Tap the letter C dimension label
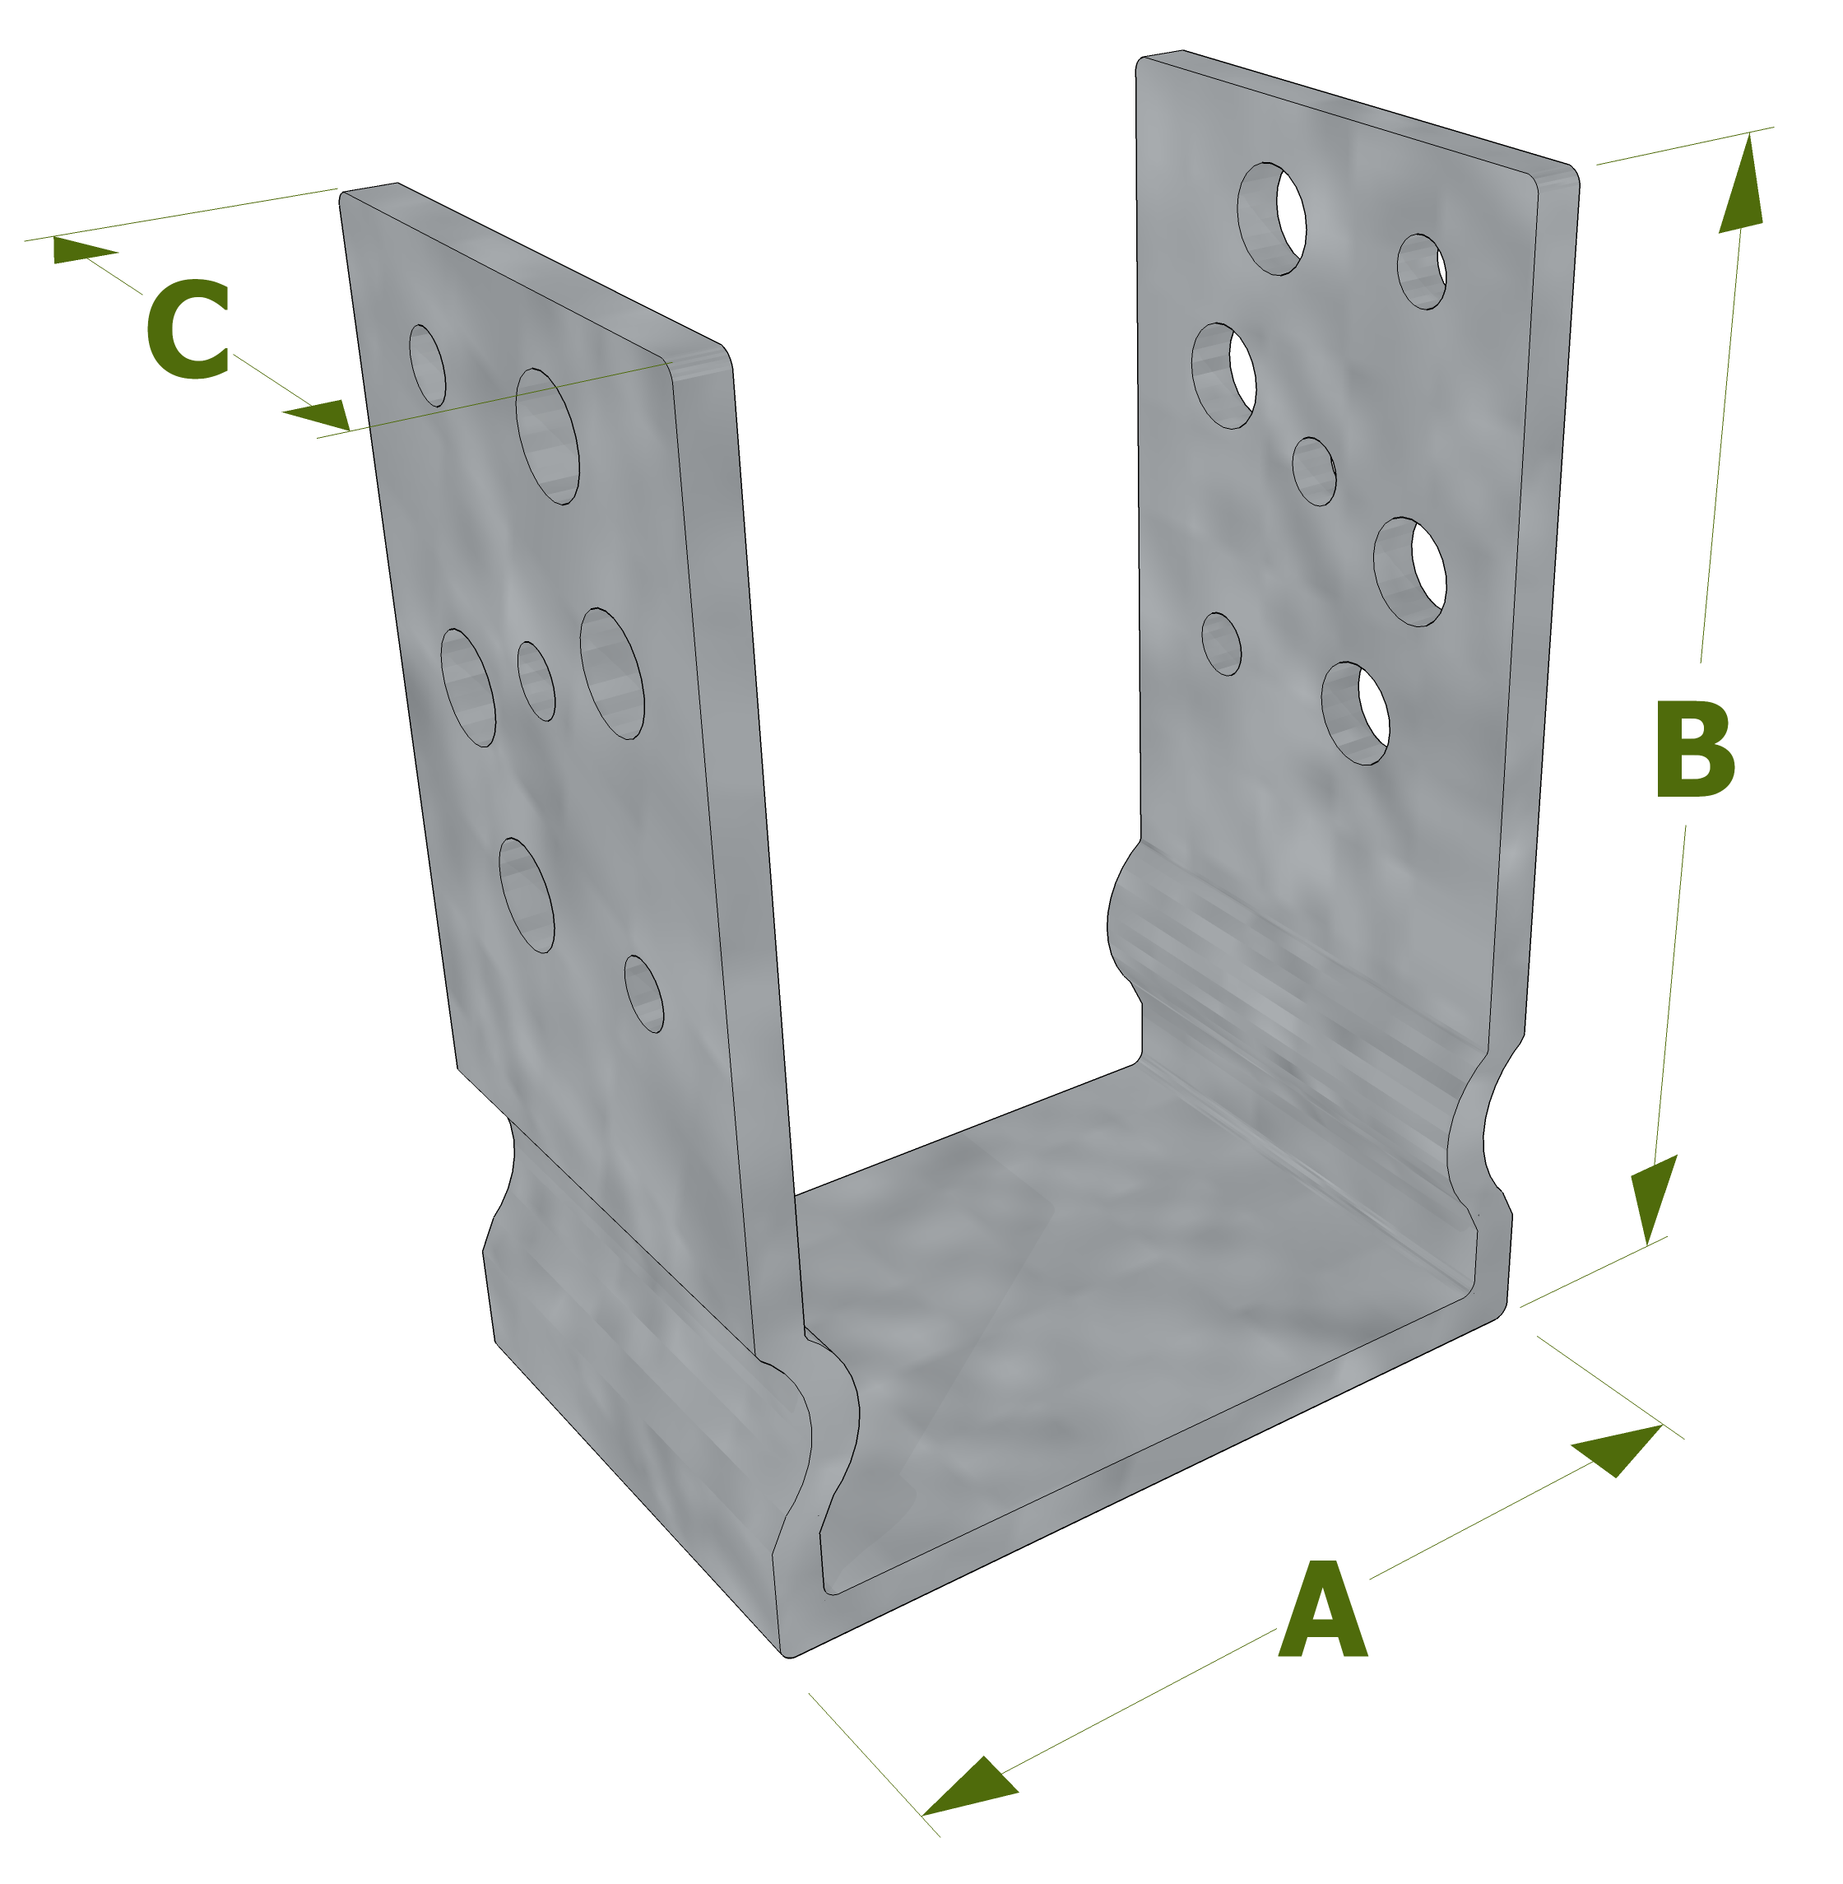188,328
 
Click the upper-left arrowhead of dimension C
82,249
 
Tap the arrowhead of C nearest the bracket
319,414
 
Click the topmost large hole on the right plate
1271,219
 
